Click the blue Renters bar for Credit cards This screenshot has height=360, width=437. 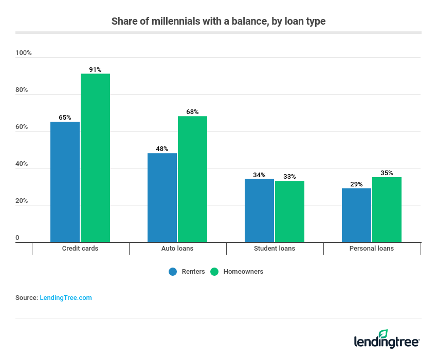coord(65,182)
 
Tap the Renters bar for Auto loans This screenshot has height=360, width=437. coord(162,197)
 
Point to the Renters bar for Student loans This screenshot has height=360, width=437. coord(259,210)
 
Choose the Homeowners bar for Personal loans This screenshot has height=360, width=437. coord(387,210)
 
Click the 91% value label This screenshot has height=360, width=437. coord(95,69)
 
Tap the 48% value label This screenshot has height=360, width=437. coord(162,149)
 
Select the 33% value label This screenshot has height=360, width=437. coord(289,177)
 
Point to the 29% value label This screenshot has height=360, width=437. coord(356,184)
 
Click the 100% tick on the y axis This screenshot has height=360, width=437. coord(24,53)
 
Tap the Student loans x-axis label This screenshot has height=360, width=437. coord(275,249)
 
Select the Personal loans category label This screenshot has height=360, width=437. coord(372,249)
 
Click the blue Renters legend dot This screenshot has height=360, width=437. coord(173,272)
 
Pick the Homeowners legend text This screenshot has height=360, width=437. coord(243,272)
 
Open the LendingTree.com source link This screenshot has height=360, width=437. coord(66,298)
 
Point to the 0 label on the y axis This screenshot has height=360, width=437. coord(17,238)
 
